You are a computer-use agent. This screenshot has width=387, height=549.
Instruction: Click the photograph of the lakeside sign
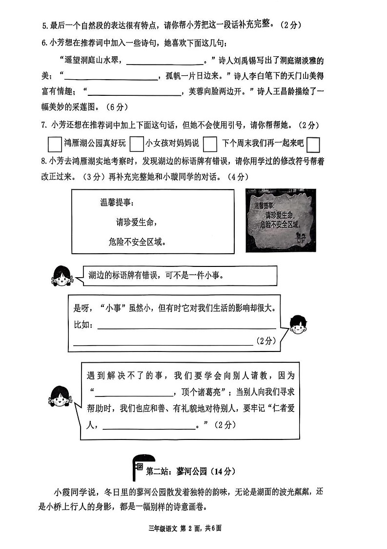pos(280,220)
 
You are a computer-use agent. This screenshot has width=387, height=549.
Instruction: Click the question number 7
pos(43,126)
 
